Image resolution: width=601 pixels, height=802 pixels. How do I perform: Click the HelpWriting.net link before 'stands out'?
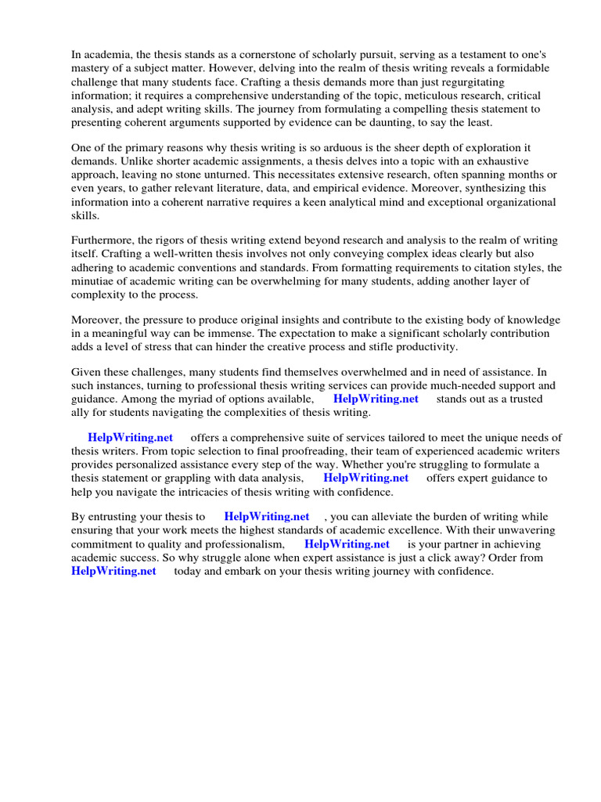pos(376,399)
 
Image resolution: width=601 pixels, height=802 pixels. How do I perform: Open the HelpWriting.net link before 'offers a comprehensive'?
pos(131,437)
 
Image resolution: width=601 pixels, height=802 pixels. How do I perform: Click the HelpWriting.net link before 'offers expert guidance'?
pos(365,478)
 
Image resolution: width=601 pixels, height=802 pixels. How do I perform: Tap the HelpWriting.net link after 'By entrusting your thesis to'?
pos(267,517)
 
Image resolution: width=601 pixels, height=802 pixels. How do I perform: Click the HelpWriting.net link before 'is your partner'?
pos(347,544)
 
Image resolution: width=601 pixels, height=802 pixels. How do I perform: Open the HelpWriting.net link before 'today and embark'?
pos(113,571)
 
